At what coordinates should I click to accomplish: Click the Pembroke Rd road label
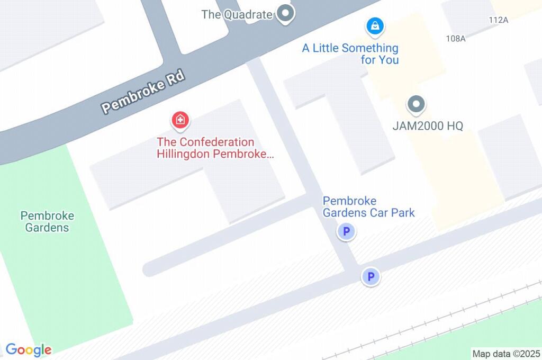143,92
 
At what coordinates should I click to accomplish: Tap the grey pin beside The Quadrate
286,13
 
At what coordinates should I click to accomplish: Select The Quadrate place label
237,14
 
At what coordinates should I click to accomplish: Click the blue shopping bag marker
375,25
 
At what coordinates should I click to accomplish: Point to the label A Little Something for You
350,54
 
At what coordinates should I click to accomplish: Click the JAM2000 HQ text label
428,126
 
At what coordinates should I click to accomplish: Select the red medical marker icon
180,120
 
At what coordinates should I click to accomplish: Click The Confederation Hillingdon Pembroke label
215,148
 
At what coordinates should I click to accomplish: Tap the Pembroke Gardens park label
47,222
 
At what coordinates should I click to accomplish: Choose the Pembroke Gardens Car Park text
368,207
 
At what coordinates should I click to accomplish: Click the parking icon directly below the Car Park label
346,231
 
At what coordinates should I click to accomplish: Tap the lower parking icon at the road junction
371,276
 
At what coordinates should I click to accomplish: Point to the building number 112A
499,20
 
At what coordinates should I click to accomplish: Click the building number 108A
456,38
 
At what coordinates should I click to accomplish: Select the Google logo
29,350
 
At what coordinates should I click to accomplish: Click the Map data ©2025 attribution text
505,354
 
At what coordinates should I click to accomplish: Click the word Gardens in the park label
47,228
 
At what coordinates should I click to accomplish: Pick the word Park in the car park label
402,213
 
